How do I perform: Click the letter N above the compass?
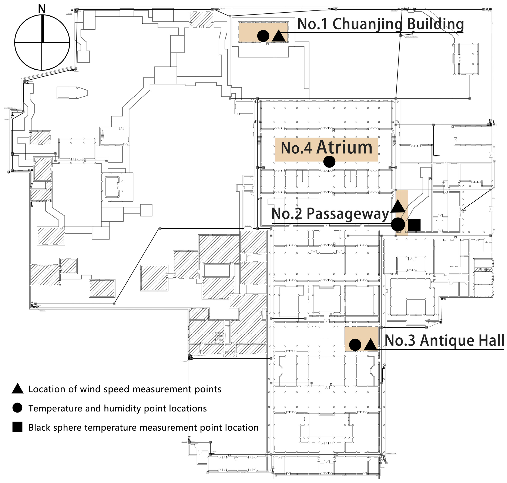coord(42,9)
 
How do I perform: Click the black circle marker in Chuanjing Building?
coord(263,36)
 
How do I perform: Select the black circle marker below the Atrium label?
coord(329,162)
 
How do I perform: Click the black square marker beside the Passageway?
coord(414,225)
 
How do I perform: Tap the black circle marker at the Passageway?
coord(398,225)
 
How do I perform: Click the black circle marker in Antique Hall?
coord(355,345)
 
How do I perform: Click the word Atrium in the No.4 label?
coord(344,148)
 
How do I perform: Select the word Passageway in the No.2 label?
coord(348,214)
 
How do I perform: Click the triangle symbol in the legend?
coord(17,389)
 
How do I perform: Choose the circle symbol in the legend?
coord(17,408)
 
